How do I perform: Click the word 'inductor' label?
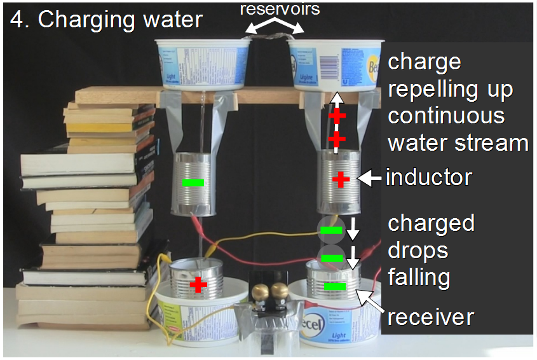click(x=429, y=177)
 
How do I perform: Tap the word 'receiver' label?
click(x=431, y=316)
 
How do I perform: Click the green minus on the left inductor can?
click(x=193, y=183)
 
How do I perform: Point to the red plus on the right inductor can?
click(x=341, y=180)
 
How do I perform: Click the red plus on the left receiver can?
click(x=198, y=284)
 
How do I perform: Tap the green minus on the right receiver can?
click(x=334, y=287)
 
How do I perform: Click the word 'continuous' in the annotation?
click(x=446, y=116)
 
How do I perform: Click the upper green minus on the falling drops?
click(x=330, y=230)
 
